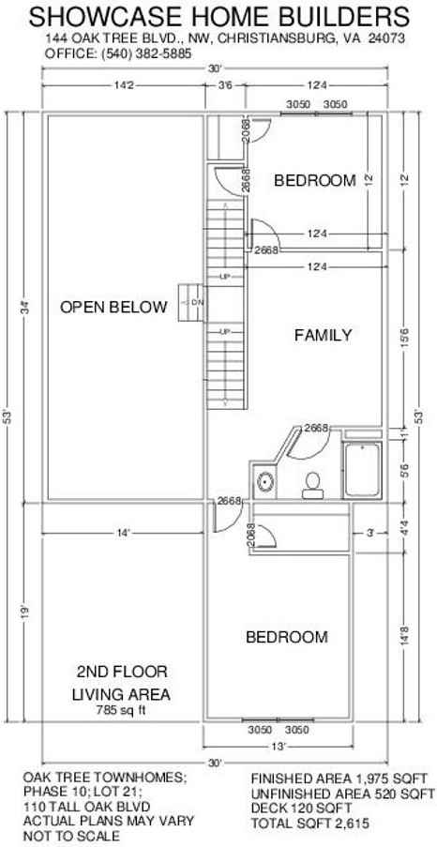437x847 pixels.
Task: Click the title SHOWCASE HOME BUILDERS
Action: pos(218,17)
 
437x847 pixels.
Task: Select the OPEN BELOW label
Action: pos(113,307)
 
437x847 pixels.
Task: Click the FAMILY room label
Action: pos(323,334)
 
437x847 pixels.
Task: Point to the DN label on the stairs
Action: pos(197,302)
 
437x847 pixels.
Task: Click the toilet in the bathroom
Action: pos(313,483)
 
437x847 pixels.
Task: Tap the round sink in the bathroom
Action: pos(265,483)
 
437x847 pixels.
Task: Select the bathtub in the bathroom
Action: pos(361,472)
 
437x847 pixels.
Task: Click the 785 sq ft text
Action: pos(120,710)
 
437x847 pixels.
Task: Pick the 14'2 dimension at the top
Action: pos(123,85)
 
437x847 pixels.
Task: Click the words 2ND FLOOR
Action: pos(122,672)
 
